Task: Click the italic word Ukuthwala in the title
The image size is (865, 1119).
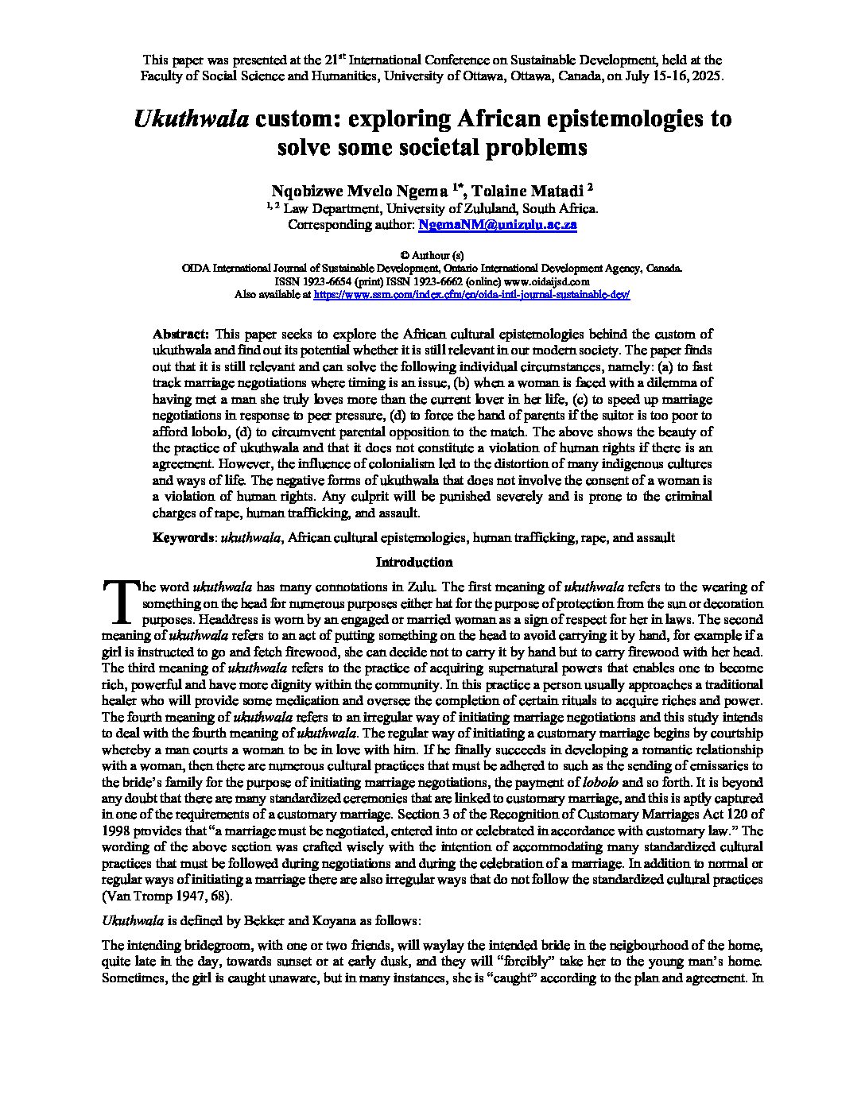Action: [x=192, y=119]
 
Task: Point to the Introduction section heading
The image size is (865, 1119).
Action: [x=414, y=563]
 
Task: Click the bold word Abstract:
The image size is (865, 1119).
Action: [x=180, y=334]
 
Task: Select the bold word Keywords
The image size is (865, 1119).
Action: [x=182, y=537]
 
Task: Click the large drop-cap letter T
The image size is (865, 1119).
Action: [x=119, y=602]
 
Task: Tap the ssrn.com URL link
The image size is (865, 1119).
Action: [x=471, y=294]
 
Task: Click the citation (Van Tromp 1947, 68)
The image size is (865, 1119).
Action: [x=168, y=896]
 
